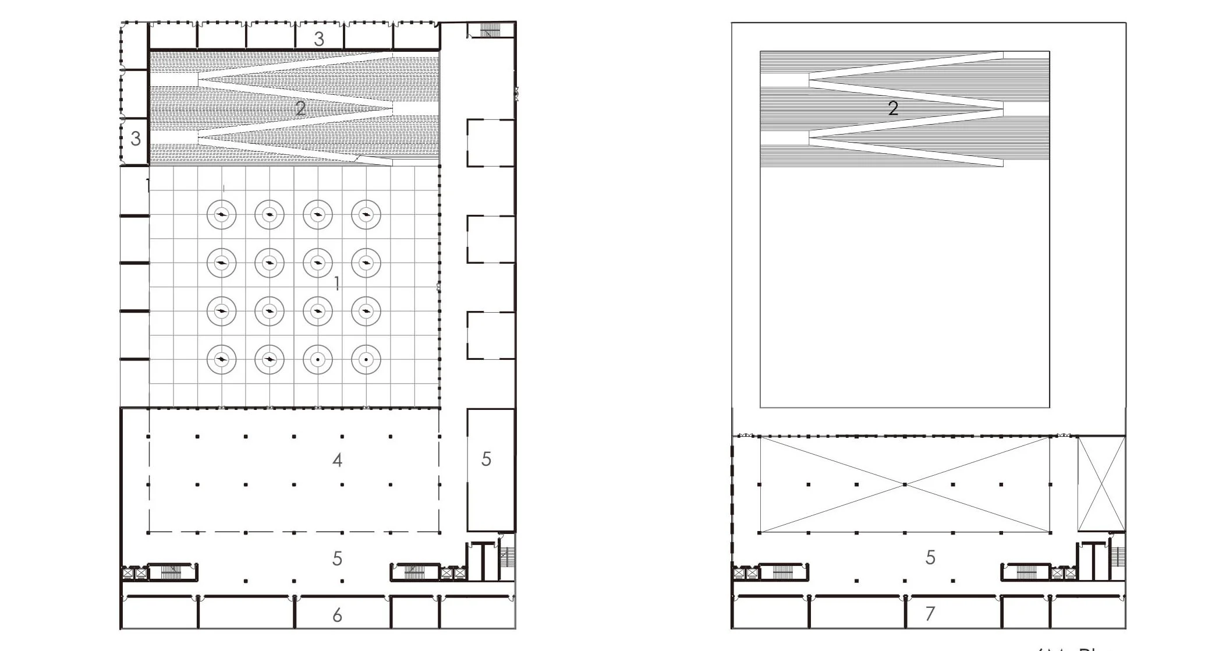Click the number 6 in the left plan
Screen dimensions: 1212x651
tap(337, 615)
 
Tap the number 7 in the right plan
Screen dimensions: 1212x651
tap(930, 613)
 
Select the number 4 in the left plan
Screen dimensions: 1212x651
tap(337, 461)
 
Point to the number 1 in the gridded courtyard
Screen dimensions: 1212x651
tap(336, 284)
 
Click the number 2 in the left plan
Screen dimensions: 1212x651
tap(300, 108)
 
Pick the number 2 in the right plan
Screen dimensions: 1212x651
tap(893, 108)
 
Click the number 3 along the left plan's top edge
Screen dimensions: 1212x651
tap(319, 39)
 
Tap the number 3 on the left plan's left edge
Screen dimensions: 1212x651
tap(136, 139)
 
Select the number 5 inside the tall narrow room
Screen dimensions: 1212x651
tap(487, 459)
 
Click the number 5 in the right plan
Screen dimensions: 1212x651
tap(930, 557)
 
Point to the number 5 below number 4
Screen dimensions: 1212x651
tap(337, 559)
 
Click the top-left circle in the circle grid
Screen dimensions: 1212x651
tap(221, 215)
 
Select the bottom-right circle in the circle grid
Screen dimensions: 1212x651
tap(366, 360)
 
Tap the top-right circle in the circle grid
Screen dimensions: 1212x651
tap(366, 215)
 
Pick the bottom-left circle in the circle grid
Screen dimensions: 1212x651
tap(221, 360)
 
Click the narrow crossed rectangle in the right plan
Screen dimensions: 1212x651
tap(1101, 484)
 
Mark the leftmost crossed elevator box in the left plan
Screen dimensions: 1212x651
tap(127, 574)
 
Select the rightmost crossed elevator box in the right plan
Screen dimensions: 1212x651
tap(1070, 573)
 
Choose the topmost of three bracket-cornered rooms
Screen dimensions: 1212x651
tap(490, 143)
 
